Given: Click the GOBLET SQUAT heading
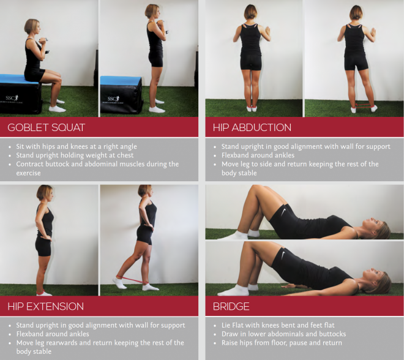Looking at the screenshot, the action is coord(47,127).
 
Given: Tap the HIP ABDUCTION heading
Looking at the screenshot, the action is coord(252,127).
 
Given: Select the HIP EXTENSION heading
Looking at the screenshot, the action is coord(46,306).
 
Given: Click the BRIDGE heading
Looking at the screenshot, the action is coord(231,306).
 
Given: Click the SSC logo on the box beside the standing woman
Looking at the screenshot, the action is coord(114,99).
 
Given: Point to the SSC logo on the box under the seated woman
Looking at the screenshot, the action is coord(12,99).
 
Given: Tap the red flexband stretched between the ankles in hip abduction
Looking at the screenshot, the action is coord(364,105).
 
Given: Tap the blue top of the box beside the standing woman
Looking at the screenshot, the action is coord(121,80).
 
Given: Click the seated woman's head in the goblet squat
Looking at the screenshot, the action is coord(32,26).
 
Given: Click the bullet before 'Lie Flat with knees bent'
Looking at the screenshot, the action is coord(215,326).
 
